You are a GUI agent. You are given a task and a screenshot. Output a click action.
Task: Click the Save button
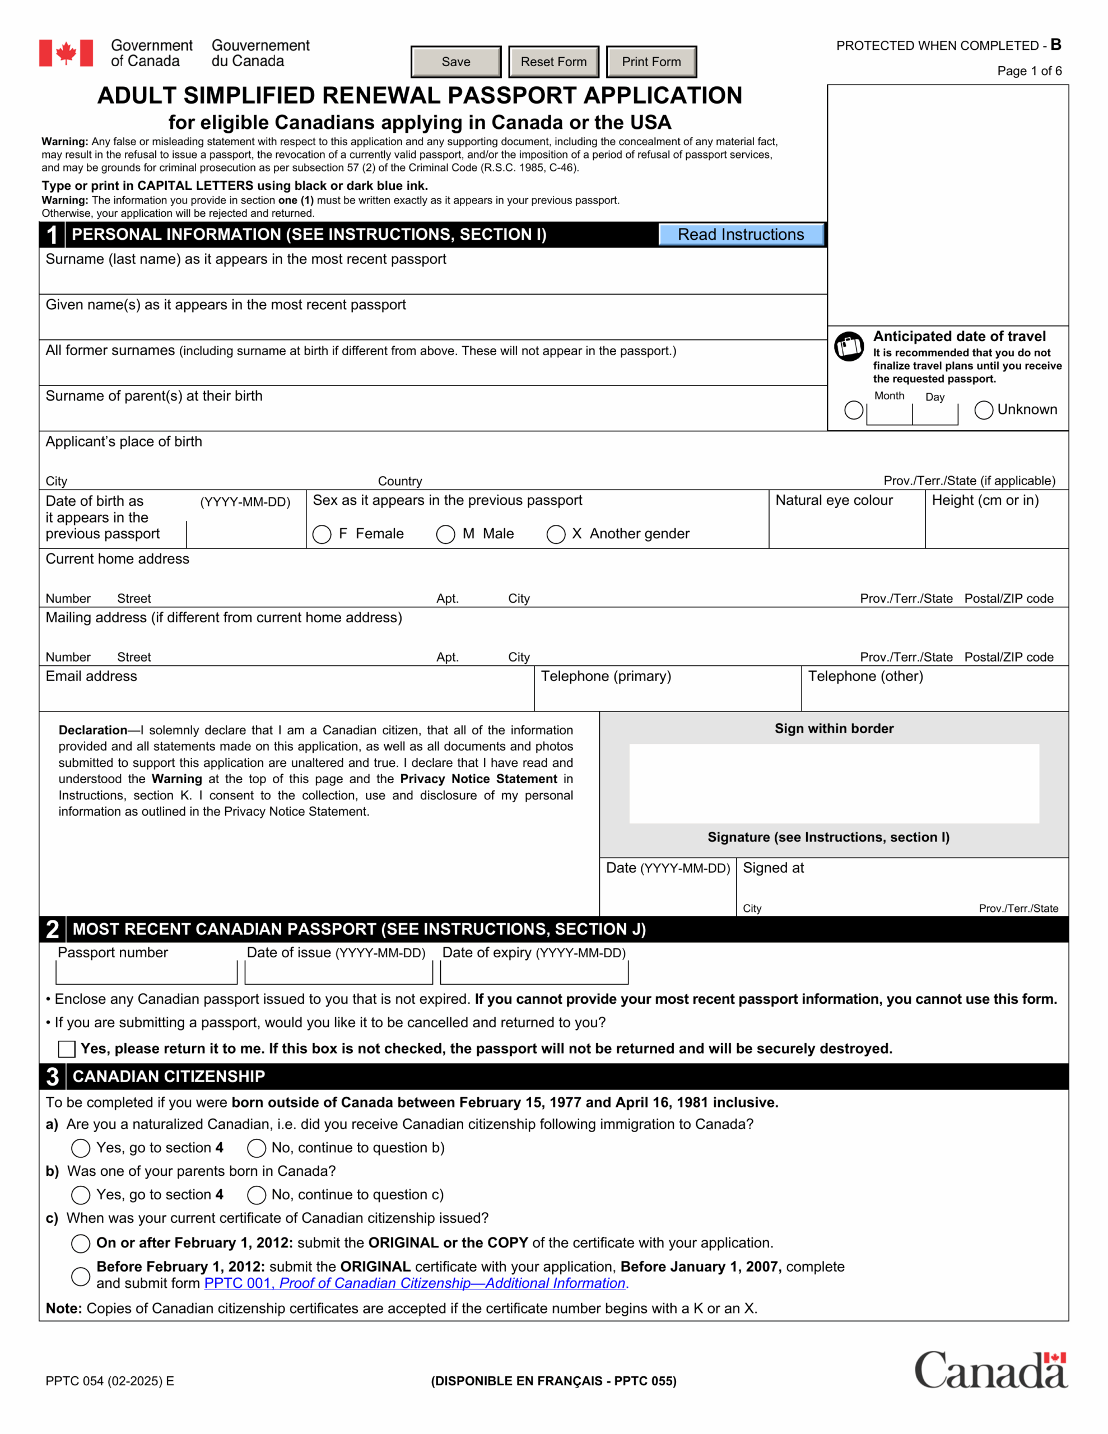(456, 62)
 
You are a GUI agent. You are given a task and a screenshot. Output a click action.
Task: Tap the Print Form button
(651, 62)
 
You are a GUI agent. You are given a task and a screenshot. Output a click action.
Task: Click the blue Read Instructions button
(741, 234)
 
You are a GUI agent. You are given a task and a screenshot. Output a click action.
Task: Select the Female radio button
(322, 534)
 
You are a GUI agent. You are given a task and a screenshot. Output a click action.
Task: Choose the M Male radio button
(445, 534)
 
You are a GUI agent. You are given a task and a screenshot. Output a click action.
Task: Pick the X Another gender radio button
(556, 534)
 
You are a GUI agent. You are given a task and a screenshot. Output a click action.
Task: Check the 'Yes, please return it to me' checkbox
(66, 1049)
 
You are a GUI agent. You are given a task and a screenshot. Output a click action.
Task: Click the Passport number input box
(146, 972)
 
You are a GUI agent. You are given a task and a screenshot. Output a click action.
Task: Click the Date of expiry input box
(534, 972)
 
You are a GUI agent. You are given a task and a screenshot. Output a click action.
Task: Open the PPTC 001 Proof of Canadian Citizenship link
(416, 1283)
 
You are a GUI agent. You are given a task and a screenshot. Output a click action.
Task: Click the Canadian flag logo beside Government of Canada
(66, 53)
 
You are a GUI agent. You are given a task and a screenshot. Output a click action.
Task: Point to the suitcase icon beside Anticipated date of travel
(849, 346)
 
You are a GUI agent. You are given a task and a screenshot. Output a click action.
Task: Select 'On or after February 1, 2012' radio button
(80, 1243)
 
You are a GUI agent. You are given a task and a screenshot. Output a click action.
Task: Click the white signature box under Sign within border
(834, 783)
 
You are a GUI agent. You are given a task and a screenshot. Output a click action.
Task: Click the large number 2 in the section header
(53, 929)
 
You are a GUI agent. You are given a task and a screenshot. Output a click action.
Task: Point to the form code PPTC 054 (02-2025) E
(110, 1381)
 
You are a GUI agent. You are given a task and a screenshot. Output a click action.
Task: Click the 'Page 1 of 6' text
(1028, 71)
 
